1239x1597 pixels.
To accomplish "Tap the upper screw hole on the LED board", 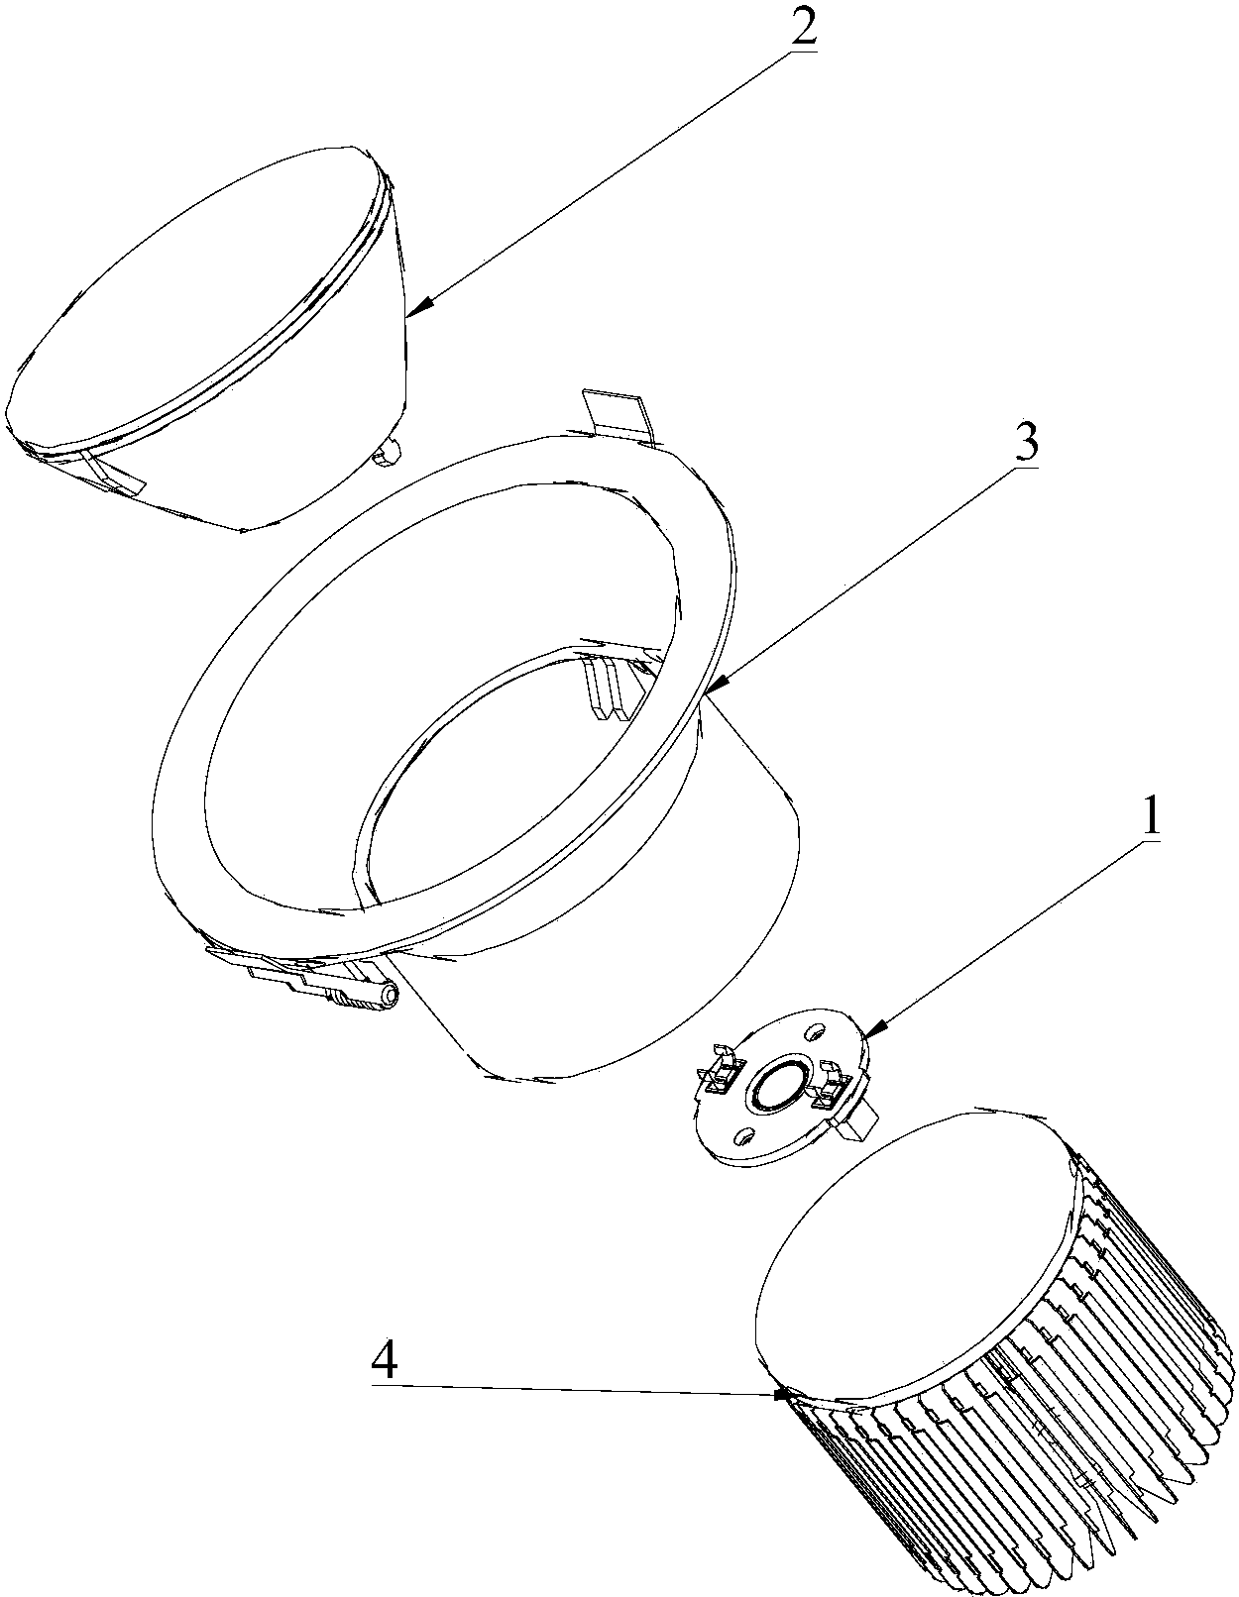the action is pyautogui.click(x=814, y=1033).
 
